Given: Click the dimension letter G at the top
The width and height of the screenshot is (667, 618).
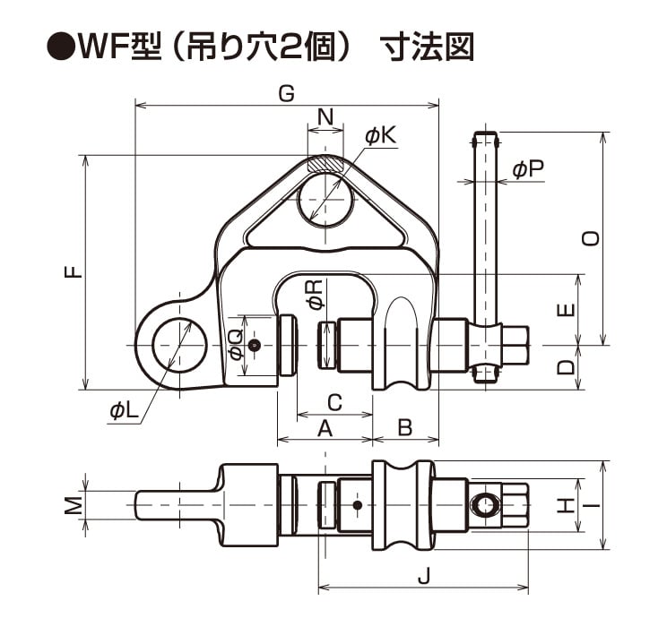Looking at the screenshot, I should (286, 94).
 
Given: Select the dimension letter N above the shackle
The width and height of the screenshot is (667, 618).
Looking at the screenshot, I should (325, 116).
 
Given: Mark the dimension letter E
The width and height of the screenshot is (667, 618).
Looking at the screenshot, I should (565, 310).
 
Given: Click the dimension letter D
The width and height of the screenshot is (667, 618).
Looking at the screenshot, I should (565, 367).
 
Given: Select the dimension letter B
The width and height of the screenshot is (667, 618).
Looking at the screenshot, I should (404, 429).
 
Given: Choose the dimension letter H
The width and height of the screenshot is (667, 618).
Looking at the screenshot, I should (563, 507).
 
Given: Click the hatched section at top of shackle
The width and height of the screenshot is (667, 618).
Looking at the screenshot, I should (325, 165).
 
